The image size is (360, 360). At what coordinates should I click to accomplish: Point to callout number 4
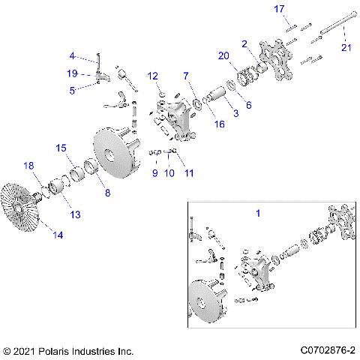(x=72, y=55)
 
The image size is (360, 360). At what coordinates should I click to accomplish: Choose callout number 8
(x=107, y=192)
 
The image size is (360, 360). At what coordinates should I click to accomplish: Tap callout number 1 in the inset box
(x=259, y=214)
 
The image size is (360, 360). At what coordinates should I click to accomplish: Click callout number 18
(x=29, y=165)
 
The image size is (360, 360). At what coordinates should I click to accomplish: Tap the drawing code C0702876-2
(x=327, y=350)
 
